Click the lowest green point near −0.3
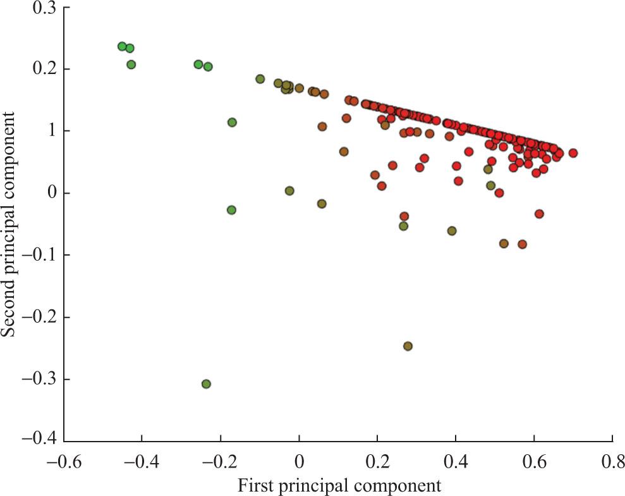[x=206, y=384]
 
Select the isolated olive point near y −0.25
[x=408, y=346]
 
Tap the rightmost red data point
[x=573, y=153]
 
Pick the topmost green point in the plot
[x=122, y=46]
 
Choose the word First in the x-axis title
[x=256, y=486]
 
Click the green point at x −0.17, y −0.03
[x=231, y=209]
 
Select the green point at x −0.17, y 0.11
[x=232, y=122]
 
